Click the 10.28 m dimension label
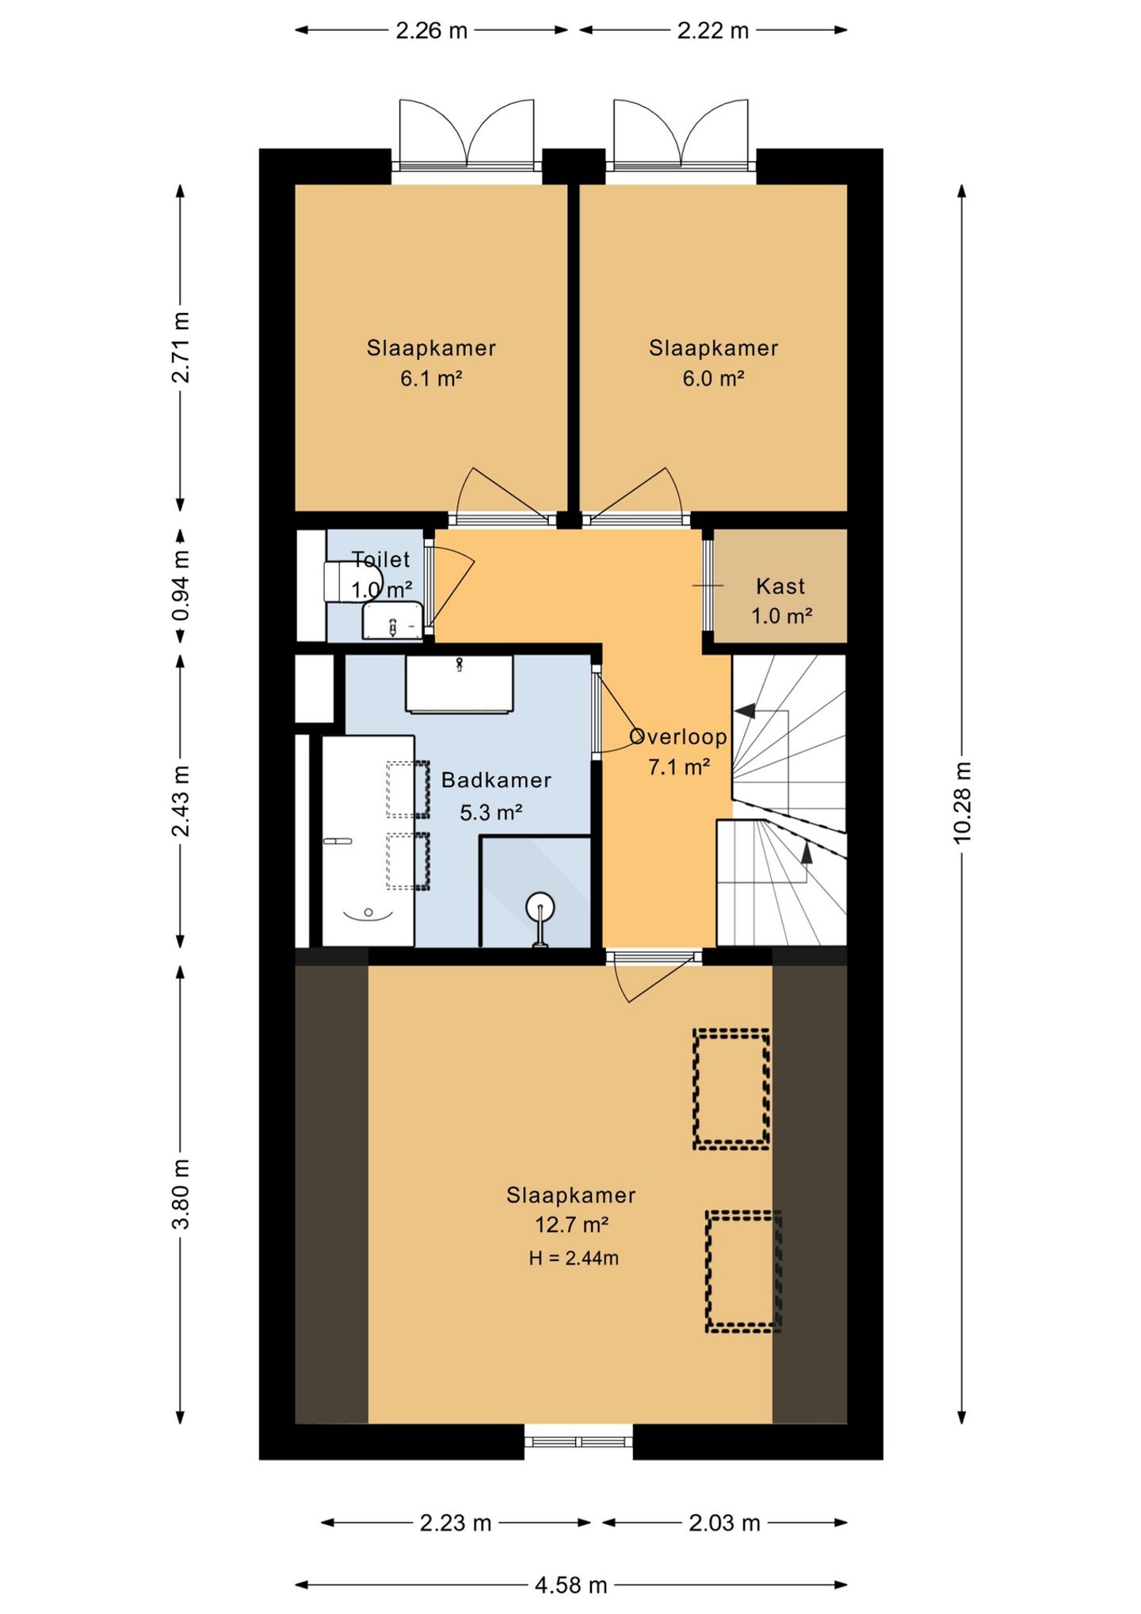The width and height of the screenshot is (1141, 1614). [x=963, y=801]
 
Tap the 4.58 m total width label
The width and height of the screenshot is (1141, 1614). [x=570, y=1585]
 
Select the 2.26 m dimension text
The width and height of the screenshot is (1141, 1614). [x=432, y=31]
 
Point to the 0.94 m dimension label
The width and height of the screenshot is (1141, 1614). [x=181, y=586]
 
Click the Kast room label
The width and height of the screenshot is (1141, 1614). [x=780, y=587]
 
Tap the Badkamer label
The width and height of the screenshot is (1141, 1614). [x=496, y=780]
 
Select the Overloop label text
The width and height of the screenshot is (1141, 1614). [x=678, y=737]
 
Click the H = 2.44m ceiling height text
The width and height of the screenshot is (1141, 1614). [x=574, y=1257]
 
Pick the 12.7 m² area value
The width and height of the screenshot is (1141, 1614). [x=571, y=1225]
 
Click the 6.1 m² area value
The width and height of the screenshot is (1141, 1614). [x=431, y=378]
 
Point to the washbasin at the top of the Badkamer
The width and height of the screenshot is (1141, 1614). [x=460, y=683]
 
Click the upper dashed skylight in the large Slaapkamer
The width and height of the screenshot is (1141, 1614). [x=731, y=1089]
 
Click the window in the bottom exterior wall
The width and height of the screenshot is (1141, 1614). [x=578, y=1441]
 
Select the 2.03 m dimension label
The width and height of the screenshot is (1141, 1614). [x=724, y=1523]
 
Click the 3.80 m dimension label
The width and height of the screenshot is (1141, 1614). [x=181, y=1194]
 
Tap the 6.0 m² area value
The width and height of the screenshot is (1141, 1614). [x=713, y=378]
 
